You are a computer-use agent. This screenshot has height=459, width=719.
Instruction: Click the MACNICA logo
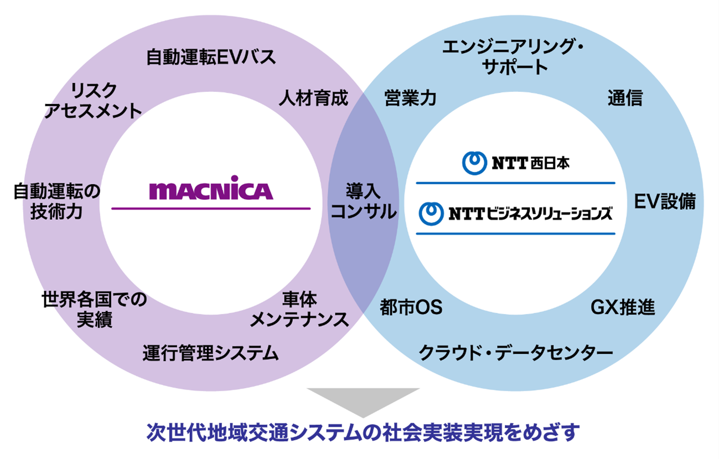[x=211, y=190]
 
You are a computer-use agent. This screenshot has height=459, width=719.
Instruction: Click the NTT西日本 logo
[x=515, y=163]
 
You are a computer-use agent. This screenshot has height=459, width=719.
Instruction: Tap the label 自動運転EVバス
[x=211, y=58]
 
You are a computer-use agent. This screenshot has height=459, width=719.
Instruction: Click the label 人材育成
[x=313, y=99]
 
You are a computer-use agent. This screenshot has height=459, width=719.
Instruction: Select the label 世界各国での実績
[x=95, y=310]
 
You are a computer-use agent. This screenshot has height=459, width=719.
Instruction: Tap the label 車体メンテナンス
[x=299, y=310]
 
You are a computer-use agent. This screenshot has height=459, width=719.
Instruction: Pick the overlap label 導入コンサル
[x=364, y=202]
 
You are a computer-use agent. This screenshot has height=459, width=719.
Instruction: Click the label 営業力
[x=410, y=99]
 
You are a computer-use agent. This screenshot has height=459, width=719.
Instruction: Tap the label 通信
[x=625, y=99]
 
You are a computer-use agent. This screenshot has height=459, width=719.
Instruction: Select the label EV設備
[x=664, y=202]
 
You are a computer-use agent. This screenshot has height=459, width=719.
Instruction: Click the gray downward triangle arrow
[x=363, y=400]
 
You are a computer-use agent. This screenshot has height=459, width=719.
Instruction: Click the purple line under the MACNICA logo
[x=211, y=208]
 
